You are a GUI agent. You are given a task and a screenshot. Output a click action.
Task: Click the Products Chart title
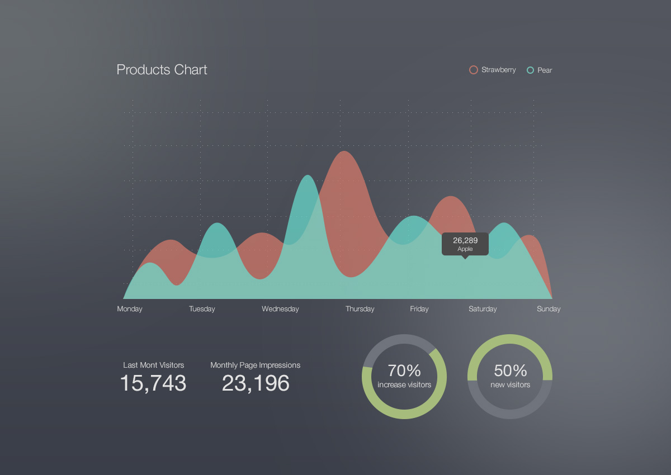[x=162, y=70]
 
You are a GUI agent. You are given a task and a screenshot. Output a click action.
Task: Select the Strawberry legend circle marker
[x=474, y=70]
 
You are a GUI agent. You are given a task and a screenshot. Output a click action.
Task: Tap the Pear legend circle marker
[x=530, y=70]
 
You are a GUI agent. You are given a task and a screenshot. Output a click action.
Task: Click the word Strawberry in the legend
[x=498, y=70]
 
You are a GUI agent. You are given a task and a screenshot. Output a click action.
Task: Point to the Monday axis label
[x=130, y=309]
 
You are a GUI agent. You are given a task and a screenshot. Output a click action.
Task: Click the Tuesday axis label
[x=202, y=309]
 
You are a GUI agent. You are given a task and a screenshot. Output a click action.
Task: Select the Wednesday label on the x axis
[x=280, y=309]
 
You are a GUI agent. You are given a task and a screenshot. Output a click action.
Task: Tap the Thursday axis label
[x=360, y=309]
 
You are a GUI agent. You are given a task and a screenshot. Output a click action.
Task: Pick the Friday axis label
[x=419, y=309]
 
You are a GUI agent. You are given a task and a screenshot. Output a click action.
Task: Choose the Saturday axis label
[x=483, y=309]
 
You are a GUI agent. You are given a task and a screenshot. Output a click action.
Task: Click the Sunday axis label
[x=549, y=309]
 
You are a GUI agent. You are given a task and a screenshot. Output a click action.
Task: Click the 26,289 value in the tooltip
[x=465, y=241]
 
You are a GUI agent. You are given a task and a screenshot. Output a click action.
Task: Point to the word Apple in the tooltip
[x=465, y=249]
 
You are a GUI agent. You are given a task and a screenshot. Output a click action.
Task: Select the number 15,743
[x=153, y=383]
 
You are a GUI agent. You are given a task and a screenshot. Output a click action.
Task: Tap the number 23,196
[x=256, y=383]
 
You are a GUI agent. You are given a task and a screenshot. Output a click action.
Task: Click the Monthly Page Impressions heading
[x=255, y=365]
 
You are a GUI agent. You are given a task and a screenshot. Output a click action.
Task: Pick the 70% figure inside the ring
[x=404, y=370]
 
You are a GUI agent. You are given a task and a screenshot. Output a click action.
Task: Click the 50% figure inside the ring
[x=511, y=370]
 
